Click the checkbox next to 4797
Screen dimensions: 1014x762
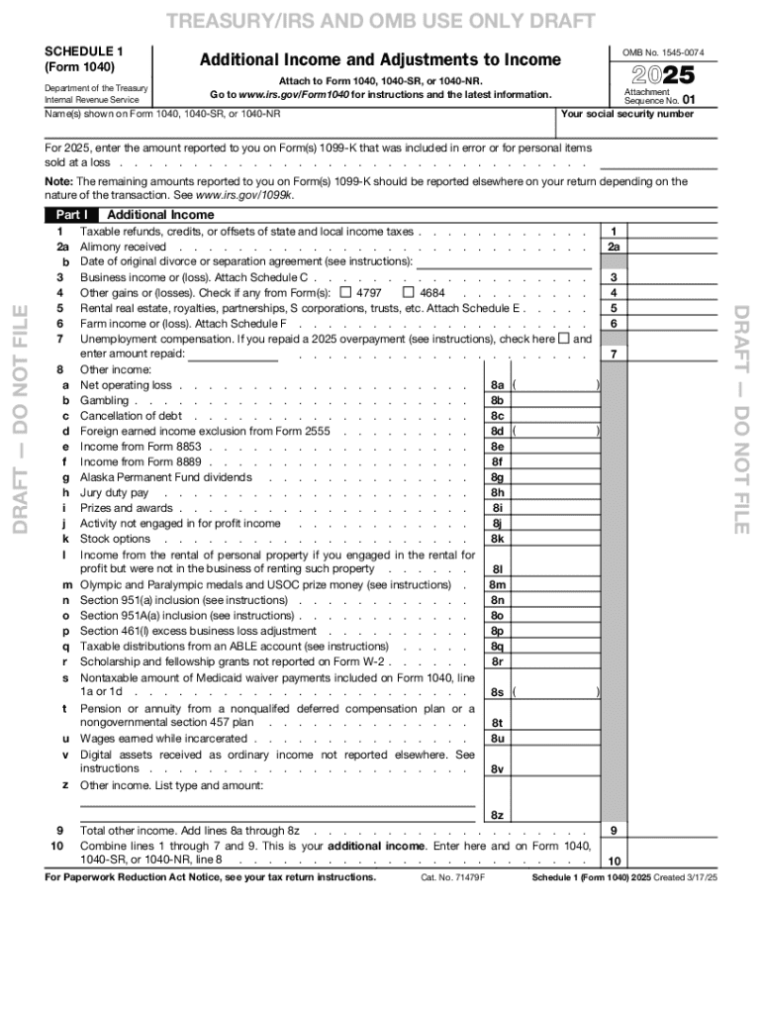tap(344, 293)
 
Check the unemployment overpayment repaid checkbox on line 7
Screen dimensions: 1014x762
tap(564, 339)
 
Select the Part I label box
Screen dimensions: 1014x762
tap(72, 215)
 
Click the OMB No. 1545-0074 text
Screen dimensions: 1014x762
tap(662, 51)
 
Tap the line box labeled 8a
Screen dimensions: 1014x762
tap(498, 385)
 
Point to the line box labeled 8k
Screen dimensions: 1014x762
tap(498, 539)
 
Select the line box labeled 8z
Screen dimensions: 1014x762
tap(498, 815)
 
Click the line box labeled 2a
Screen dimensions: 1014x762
tap(614, 247)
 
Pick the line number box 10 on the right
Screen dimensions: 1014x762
tap(614, 862)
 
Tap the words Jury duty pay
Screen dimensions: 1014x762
tap(114, 493)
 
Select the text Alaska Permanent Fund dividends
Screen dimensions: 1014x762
tap(165, 477)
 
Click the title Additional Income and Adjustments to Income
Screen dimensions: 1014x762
tap(380, 60)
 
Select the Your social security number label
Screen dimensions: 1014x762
tap(626, 114)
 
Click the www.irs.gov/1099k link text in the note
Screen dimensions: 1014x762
tap(244, 196)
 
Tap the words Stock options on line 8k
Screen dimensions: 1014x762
tap(115, 539)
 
